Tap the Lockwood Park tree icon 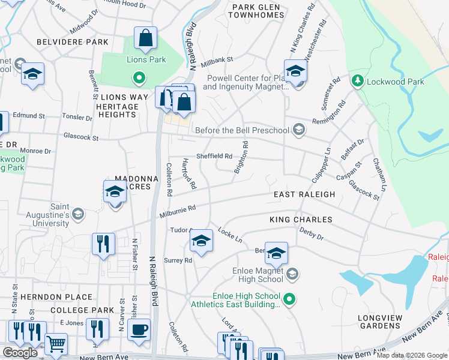point(357,80)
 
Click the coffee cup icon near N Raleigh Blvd point(139,329)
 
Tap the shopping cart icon point(56,344)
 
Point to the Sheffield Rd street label point(214,156)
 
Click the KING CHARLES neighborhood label point(300,220)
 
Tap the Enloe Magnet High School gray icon point(292,274)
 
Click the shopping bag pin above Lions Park point(145,39)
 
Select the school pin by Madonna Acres point(114,193)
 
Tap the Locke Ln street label point(230,235)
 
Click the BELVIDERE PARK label point(73,42)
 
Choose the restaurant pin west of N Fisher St point(103,244)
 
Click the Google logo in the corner point(19,353)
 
